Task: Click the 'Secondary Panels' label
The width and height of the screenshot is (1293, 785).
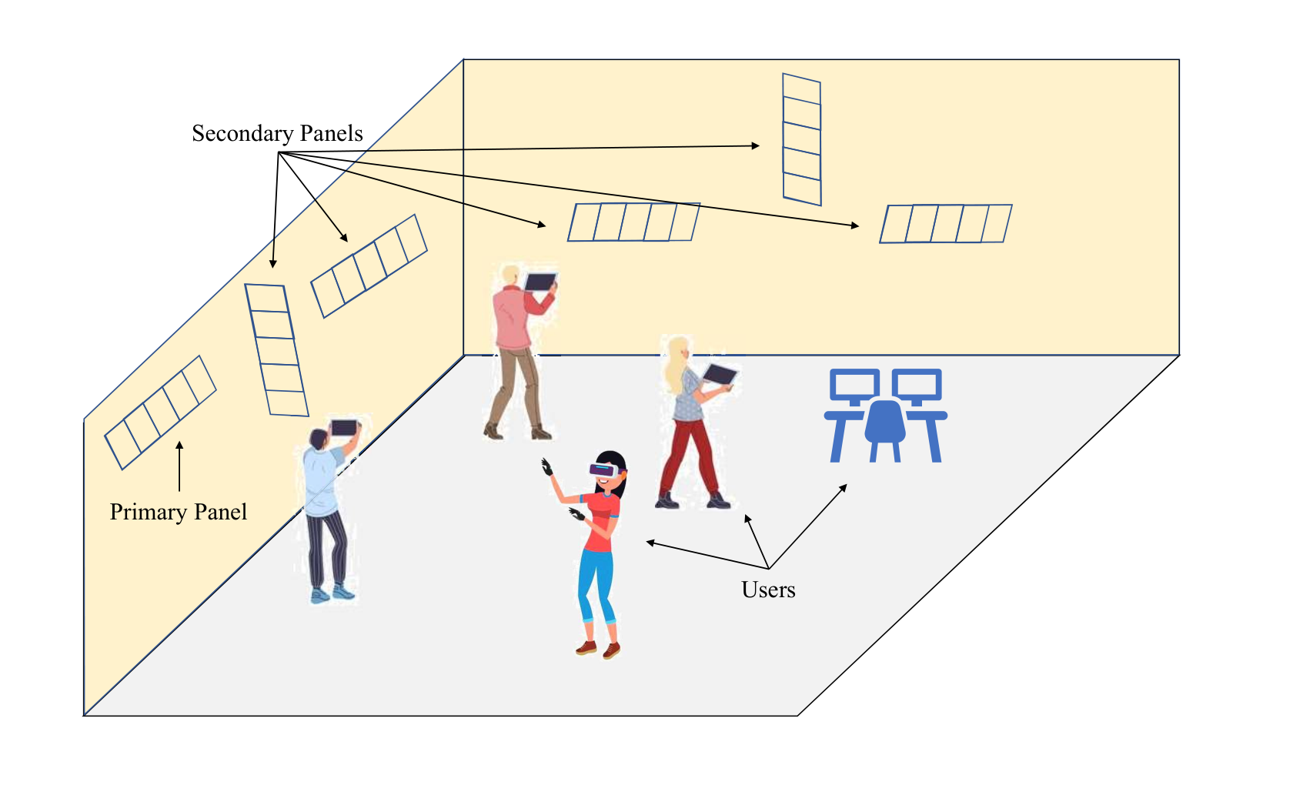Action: point(277,134)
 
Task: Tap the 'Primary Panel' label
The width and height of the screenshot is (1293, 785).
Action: point(179,512)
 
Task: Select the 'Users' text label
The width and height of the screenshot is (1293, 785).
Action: point(768,590)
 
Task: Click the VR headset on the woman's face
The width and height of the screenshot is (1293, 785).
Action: point(604,469)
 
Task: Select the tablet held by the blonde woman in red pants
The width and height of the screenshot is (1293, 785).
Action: point(720,374)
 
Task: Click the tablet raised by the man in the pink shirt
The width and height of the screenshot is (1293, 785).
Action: point(540,282)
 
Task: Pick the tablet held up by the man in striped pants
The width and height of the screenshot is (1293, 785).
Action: point(344,427)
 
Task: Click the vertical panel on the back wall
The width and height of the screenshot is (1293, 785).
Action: point(802,140)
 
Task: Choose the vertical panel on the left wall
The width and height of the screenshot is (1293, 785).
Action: point(276,349)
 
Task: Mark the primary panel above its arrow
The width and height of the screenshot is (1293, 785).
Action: point(160,413)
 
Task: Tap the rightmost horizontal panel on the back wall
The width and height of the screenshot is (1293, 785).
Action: point(945,224)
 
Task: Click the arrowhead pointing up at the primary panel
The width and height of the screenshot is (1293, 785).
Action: point(179,446)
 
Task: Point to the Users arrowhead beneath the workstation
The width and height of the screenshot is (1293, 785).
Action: point(844,488)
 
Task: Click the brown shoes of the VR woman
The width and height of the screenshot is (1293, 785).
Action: point(598,650)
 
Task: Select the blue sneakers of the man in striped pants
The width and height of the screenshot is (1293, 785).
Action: point(332,594)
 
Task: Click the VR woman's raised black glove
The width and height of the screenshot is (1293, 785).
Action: point(546,467)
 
